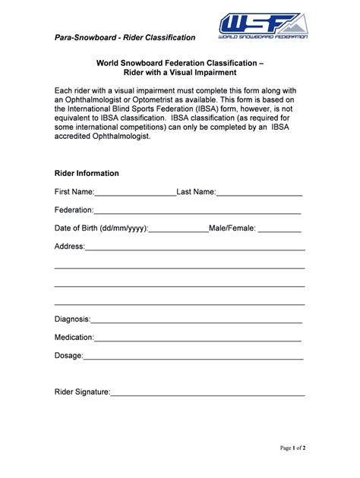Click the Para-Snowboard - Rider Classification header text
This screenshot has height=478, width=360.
(x=125, y=37)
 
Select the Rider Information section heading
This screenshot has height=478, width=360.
(x=87, y=173)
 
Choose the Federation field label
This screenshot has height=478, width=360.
(x=74, y=209)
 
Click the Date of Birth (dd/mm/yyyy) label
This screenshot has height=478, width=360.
(x=101, y=228)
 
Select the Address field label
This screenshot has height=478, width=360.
(x=69, y=246)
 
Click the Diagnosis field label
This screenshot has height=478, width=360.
(x=73, y=319)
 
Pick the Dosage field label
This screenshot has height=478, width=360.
(x=68, y=355)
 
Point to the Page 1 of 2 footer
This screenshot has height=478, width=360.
(x=292, y=448)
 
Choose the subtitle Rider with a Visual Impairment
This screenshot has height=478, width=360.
(x=181, y=73)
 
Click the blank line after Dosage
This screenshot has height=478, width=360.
(x=193, y=356)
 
